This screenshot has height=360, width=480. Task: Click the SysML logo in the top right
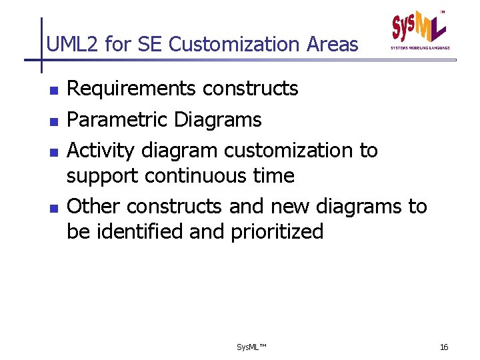click(x=420, y=30)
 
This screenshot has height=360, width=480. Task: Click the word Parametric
click(x=118, y=120)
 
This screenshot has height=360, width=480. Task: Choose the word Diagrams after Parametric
click(x=217, y=120)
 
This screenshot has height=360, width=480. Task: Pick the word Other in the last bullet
click(x=94, y=207)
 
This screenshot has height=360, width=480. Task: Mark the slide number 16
click(x=444, y=347)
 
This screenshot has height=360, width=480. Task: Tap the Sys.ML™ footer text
click(x=251, y=347)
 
